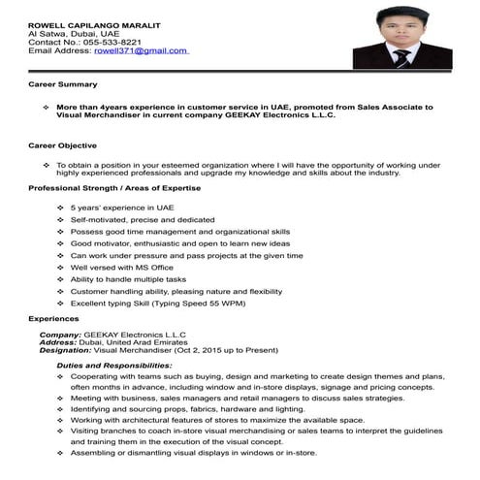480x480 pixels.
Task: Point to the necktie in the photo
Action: pos(401,56)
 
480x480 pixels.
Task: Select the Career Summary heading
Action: pos(62,86)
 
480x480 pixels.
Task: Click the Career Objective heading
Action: pos(63,145)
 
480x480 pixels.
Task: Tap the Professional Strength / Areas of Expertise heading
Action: pos(114,187)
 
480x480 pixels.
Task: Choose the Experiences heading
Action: pos(54,318)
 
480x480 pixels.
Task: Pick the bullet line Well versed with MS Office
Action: pos(121,268)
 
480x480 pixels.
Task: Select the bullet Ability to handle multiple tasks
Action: pos(128,279)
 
